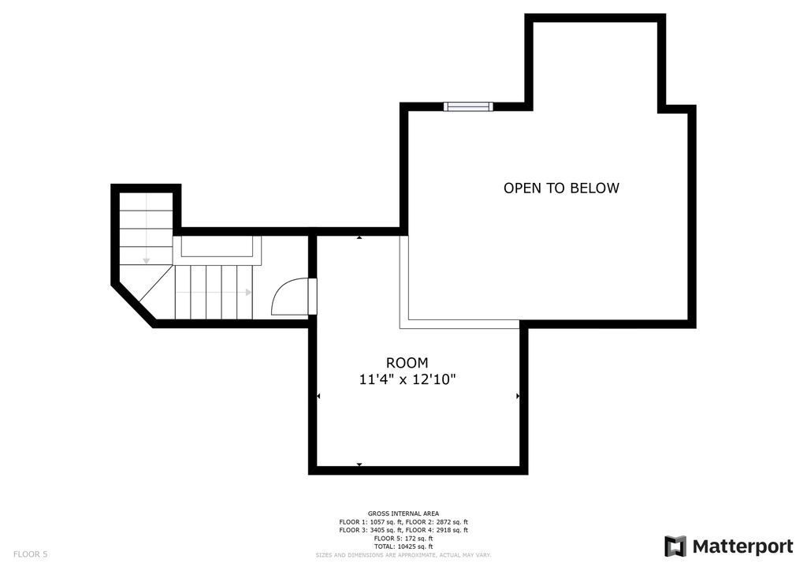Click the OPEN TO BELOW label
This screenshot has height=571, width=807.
(x=561, y=188)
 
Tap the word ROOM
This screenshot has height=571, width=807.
(x=407, y=363)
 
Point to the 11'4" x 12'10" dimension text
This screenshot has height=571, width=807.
(x=407, y=380)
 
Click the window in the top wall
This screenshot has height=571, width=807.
(x=468, y=106)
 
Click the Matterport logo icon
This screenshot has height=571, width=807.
(x=675, y=546)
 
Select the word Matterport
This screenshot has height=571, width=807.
(x=742, y=547)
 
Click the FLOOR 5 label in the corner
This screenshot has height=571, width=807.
(x=31, y=554)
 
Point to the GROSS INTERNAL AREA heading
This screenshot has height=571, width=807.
(x=403, y=513)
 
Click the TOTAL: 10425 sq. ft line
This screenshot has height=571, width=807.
(x=403, y=547)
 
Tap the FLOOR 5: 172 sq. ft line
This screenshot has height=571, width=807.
(x=403, y=538)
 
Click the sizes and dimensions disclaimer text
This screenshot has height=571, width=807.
(x=403, y=555)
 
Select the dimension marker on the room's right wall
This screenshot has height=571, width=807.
(x=518, y=396)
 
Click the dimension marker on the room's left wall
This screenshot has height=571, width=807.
(x=318, y=396)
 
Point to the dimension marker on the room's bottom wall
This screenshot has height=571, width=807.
(x=359, y=465)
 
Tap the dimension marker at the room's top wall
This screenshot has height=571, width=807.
(x=359, y=237)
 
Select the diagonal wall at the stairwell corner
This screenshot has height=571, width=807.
(x=133, y=304)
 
